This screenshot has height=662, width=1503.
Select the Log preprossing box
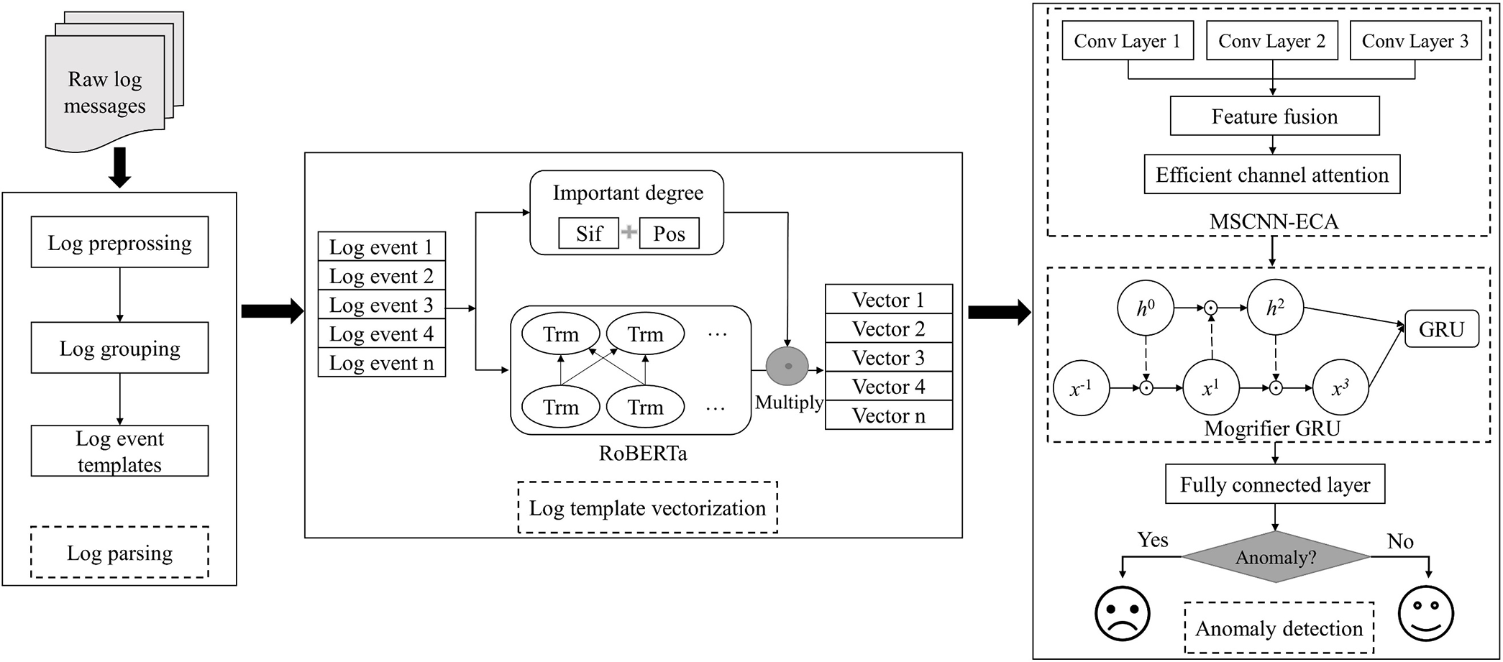[x=119, y=243]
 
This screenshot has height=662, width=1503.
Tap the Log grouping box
[x=119, y=348]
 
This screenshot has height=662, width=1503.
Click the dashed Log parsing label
[x=119, y=553]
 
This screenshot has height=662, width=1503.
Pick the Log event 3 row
[x=381, y=305]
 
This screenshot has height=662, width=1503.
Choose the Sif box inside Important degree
[x=589, y=234]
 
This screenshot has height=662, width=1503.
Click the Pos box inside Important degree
[x=669, y=234]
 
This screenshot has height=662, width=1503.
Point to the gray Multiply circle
[x=787, y=366]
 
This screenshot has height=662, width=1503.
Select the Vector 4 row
[x=888, y=387]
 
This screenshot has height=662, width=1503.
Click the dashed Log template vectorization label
[x=647, y=508]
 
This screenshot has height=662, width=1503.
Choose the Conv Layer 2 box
[x=1271, y=41]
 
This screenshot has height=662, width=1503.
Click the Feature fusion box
[x=1274, y=116]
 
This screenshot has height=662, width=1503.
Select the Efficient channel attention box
[x=1271, y=175]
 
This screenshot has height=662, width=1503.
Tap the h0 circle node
[x=1146, y=308]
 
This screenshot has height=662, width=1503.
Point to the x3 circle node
[x=1340, y=388]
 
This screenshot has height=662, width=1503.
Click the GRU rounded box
[x=1441, y=329]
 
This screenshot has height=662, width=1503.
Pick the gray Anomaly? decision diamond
[x=1275, y=557]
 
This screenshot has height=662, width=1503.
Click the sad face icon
[x=1122, y=613]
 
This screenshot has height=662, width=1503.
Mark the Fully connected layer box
[x=1274, y=485]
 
